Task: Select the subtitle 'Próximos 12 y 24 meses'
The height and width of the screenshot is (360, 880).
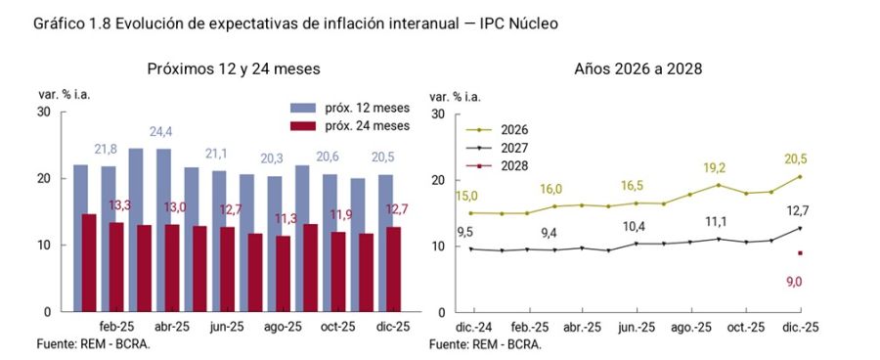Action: point(234,69)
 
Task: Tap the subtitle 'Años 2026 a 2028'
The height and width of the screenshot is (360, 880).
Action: point(639,69)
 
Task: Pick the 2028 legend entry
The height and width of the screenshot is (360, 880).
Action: point(514,166)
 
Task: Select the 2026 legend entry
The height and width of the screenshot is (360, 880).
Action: point(514,129)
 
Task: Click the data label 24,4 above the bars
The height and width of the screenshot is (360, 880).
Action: point(160,132)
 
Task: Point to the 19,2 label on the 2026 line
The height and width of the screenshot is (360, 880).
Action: point(716,167)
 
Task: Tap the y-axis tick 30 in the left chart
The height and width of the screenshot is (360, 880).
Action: point(43,112)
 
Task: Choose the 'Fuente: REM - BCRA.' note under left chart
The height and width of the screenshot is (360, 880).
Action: point(94,344)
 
